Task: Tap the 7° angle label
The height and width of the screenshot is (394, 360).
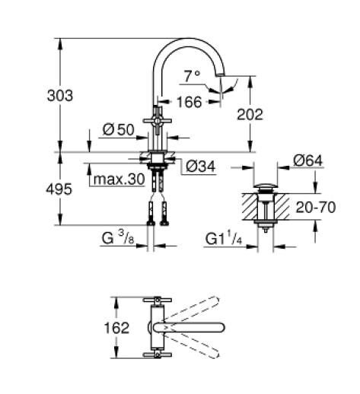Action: tap(192, 75)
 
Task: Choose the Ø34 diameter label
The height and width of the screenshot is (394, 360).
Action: tap(200, 164)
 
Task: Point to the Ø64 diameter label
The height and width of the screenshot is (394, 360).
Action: tap(310, 160)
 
